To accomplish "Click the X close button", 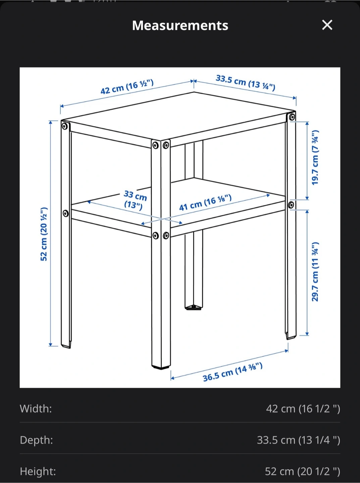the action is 327,25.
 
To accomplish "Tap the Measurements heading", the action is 180,25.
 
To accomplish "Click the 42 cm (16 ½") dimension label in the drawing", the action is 127,87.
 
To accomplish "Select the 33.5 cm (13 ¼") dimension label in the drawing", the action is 245,83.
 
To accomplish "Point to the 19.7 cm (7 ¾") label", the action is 315,158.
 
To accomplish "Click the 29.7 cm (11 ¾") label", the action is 315,272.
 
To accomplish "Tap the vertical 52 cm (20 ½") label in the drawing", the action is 44,234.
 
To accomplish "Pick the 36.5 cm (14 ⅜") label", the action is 233,372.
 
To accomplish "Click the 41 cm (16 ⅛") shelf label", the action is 205,203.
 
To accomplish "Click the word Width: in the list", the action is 36,409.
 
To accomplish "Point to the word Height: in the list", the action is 38,471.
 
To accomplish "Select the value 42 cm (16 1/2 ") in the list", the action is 303,409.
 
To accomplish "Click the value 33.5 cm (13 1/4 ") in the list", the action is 298,440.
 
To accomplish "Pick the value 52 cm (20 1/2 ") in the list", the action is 303,472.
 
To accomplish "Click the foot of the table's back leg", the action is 194,307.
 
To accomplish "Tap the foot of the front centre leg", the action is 161,367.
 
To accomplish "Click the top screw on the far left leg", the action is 64,126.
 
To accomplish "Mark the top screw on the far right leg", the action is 292,117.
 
